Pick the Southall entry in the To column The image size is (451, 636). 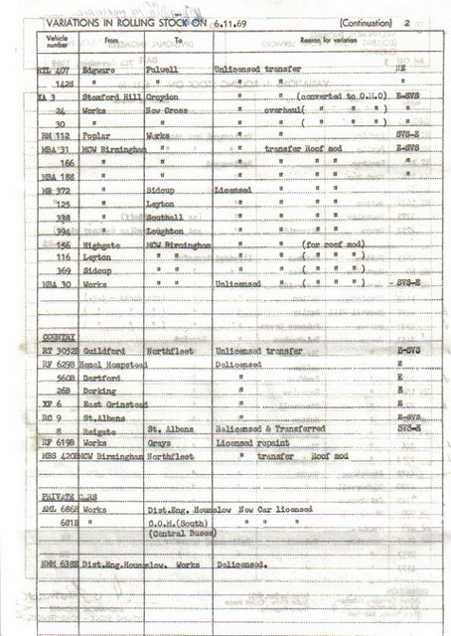coord(164,216)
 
